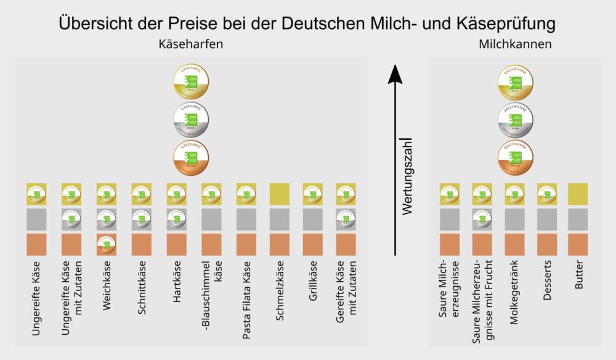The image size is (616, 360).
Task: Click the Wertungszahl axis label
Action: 407,179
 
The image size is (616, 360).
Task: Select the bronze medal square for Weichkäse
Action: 107,245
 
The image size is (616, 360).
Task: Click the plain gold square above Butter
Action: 578,194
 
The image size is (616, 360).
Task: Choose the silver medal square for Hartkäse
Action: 177,219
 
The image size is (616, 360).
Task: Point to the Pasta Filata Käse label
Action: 246,303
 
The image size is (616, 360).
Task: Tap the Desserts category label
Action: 547,286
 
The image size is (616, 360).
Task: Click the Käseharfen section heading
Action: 190,45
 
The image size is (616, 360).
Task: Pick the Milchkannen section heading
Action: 514,45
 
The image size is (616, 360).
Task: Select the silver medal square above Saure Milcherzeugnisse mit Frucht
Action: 482,219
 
